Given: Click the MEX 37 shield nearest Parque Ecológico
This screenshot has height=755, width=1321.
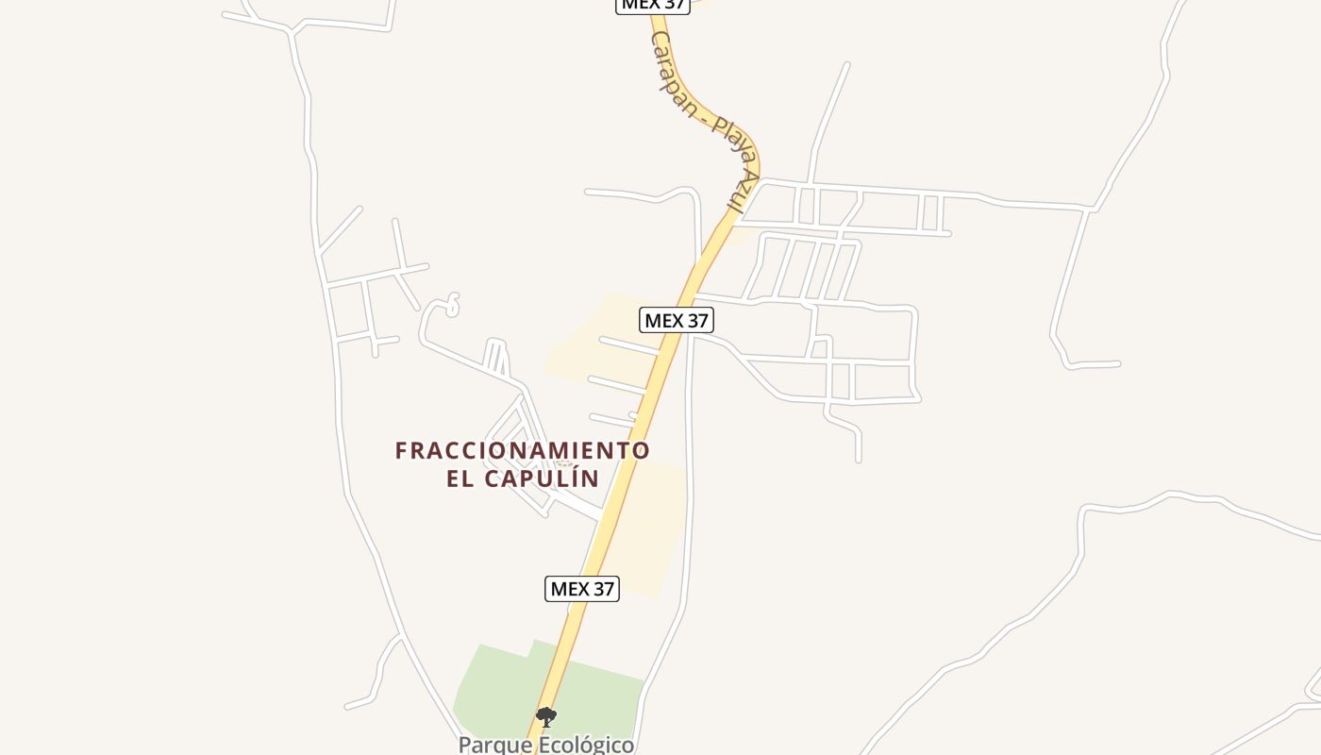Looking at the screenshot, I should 582,589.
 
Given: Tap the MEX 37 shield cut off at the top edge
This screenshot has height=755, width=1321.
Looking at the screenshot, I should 653,5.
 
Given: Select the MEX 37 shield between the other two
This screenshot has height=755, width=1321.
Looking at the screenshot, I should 676,320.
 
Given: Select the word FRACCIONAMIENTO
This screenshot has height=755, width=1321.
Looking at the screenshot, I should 522,451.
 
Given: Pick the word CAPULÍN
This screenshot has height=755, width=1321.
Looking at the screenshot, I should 542,478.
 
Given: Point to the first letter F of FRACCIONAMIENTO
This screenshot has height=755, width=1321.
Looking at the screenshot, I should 401,451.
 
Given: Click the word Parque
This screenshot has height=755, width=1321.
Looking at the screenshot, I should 492,745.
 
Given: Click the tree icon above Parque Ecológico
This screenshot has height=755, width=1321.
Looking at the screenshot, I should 546,717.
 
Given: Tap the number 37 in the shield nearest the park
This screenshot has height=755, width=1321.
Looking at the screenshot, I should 602,589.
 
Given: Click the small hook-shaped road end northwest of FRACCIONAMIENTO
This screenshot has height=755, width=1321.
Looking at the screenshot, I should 453,303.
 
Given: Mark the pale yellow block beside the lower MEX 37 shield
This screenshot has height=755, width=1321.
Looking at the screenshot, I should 651,547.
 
